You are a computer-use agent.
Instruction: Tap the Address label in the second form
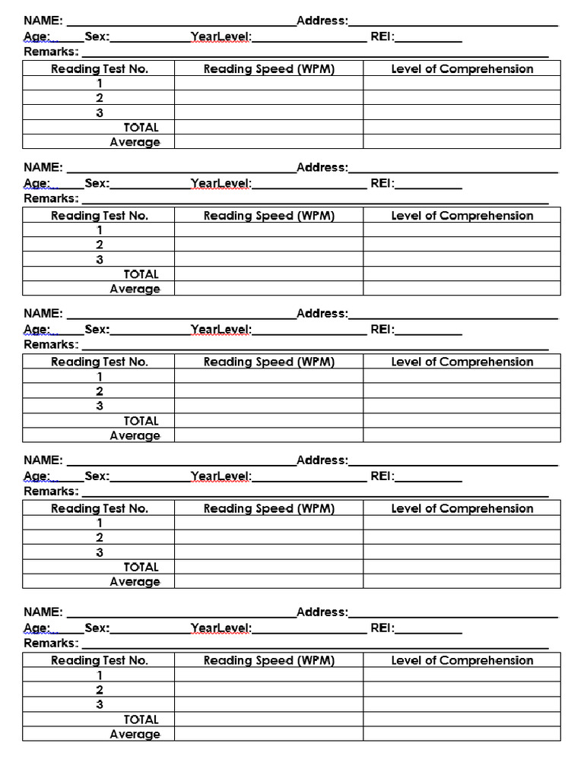(x=322, y=167)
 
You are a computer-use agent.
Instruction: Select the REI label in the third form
(x=382, y=329)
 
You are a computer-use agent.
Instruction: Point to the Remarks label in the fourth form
(x=51, y=492)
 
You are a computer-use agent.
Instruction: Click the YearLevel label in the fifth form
(x=221, y=628)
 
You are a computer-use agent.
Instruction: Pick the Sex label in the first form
(x=97, y=36)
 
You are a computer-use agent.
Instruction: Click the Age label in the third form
(x=37, y=329)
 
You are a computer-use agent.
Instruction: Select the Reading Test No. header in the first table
(x=99, y=69)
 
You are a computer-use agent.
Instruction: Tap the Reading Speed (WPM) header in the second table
(x=268, y=216)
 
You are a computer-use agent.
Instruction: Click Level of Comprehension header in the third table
(x=462, y=362)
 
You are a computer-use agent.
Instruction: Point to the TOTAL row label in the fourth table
(x=141, y=567)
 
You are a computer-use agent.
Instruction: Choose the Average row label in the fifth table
(x=135, y=735)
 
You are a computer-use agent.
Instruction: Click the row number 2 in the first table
(x=99, y=98)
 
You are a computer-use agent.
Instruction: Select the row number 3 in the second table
(x=99, y=260)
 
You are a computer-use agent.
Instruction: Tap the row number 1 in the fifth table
(x=99, y=675)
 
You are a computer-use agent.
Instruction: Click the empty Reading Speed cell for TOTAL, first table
(x=268, y=128)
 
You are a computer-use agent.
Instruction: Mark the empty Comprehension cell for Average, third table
(x=462, y=435)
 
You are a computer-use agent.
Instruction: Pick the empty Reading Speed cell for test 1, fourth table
(x=268, y=523)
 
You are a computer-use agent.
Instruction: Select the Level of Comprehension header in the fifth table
(x=462, y=661)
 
